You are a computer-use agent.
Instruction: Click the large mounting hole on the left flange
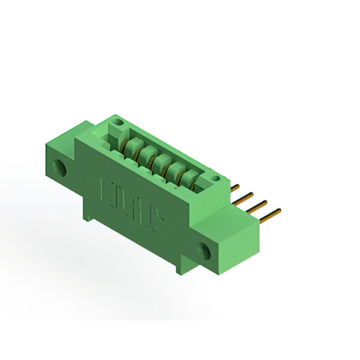58,167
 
